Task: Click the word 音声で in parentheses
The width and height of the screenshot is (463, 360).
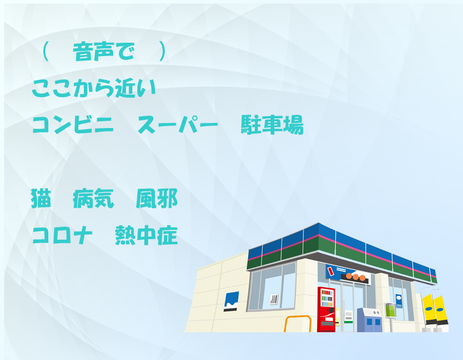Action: (103, 51)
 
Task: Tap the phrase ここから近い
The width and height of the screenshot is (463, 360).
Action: (94, 88)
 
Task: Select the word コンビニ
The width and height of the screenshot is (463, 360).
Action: (73, 124)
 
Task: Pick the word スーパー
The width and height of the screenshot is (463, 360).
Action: (178, 124)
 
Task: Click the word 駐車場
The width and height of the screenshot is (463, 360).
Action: (272, 124)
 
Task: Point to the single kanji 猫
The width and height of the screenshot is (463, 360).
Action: (41, 199)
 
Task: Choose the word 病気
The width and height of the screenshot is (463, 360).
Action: (93, 199)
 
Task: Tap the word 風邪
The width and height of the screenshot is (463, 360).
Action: (157, 199)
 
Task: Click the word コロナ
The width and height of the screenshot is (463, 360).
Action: (62, 235)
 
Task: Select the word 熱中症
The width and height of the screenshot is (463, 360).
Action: (147, 235)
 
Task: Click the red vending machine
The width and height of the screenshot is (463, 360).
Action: (326, 309)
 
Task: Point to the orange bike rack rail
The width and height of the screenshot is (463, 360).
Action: (298, 317)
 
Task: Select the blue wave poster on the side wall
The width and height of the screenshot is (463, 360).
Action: (231, 301)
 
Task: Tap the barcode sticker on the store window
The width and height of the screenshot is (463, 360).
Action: (274, 299)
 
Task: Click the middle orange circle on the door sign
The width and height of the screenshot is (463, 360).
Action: (355, 277)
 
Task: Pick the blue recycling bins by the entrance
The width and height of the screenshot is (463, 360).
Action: (370, 320)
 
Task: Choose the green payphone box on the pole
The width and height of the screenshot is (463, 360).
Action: (390, 310)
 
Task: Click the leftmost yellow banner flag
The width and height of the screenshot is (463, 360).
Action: (429, 309)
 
